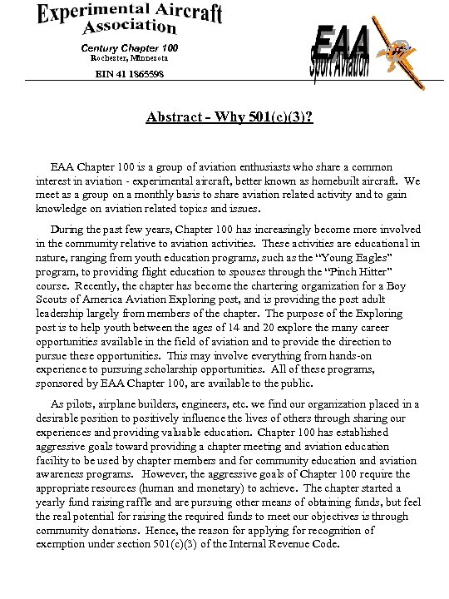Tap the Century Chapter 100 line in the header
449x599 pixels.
(x=129, y=47)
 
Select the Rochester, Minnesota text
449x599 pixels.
(x=129, y=58)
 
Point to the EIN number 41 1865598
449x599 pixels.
(x=129, y=75)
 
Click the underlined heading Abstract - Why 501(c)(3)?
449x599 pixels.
(x=229, y=116)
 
